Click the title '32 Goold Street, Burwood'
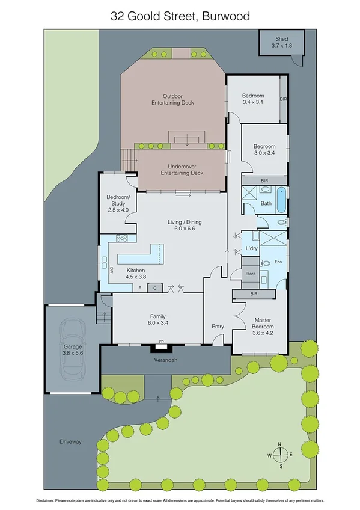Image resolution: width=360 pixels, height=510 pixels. [180, 17]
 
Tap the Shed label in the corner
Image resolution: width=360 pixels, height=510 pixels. [281, 42]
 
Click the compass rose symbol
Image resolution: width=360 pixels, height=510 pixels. [280, 455]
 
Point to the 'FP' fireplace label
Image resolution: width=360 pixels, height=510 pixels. [160, 343]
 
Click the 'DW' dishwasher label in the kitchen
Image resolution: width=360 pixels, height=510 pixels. [112, 271]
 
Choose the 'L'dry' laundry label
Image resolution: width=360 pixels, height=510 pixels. [251, 249]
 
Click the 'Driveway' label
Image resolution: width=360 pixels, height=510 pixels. [70, 441]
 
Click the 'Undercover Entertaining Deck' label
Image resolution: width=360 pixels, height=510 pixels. [182, 169]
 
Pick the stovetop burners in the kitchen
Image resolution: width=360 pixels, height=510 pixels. [122, 238]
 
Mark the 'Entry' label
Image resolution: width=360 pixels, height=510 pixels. [218, 327]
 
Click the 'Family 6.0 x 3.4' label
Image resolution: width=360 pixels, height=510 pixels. [157, 319]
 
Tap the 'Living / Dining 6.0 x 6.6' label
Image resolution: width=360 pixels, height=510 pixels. [185, 226]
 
